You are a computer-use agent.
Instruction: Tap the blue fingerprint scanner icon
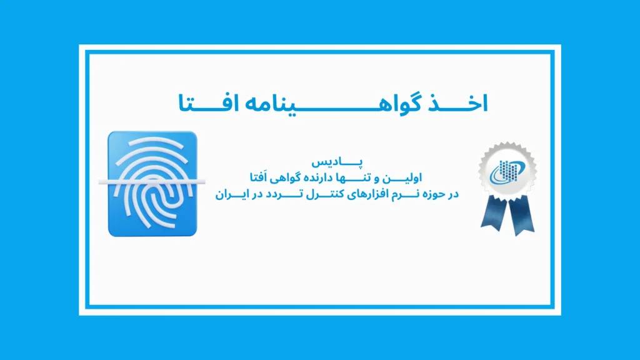pos(152,184)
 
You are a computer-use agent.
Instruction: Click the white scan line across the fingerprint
pos(152,182)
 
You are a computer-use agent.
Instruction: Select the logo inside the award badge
pos(507,171)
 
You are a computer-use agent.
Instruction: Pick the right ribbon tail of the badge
pos(520,216)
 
